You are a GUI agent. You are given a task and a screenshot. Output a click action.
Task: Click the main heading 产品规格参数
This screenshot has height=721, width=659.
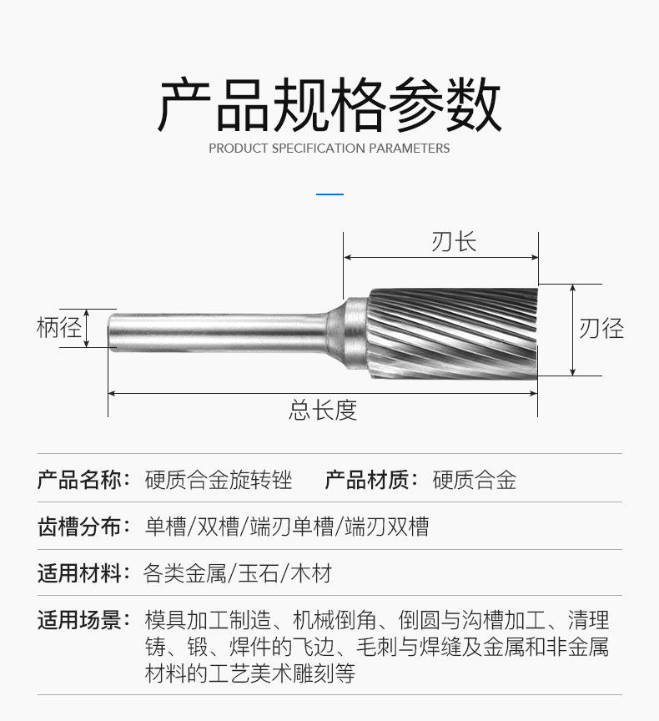pyautogui.click(x=329, y=105)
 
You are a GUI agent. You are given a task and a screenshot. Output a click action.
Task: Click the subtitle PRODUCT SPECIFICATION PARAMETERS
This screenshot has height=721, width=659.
pyautogui.click(x=329, y=149)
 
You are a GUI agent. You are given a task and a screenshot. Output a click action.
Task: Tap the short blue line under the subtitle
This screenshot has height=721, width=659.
pyautogui.click(x=330, y=194)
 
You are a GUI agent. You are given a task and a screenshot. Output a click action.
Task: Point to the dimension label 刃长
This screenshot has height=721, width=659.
pyautogui.click(x=454, y=242)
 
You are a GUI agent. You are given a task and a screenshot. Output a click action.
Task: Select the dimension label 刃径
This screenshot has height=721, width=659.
pyautogui.click(x=601, y=328)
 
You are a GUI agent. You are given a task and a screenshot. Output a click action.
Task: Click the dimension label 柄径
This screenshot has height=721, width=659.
pyautogui.click(x=58, y=327)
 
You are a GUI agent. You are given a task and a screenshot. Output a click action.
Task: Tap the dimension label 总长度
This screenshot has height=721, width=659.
pyautogui.click(x=323, y=410)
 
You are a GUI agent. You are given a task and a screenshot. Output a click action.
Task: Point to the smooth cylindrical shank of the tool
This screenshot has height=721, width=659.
pyautogui.click(x=217, y=331)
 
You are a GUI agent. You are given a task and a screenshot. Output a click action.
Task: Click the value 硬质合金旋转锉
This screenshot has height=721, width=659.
pyautogui.click(x=219, y=480)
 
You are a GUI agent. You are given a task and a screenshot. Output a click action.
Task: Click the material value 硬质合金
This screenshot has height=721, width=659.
pyautogui.click(x=475, y=480)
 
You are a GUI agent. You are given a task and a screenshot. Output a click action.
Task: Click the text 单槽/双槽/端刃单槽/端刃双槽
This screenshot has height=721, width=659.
pyautogui.click(x=287, y=527)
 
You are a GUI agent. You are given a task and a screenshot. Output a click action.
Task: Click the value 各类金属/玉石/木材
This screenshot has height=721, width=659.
pyautogui.click(x=239, y=573)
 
